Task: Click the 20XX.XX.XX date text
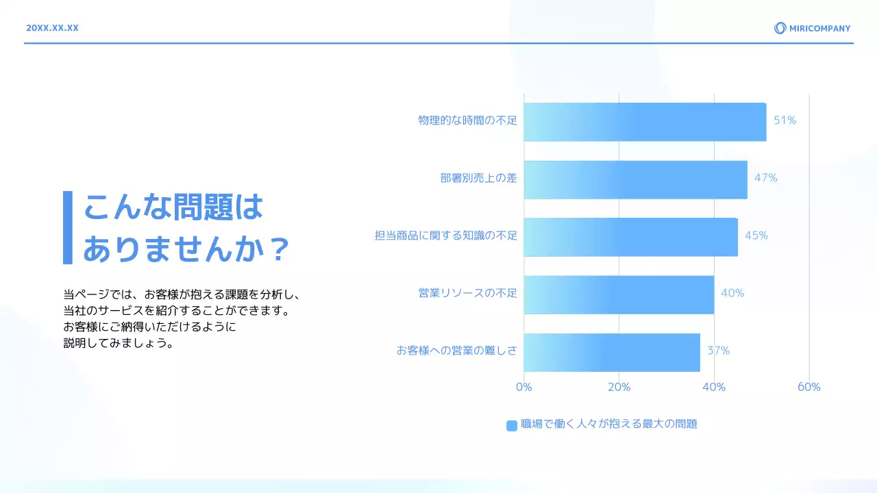pos(52,28)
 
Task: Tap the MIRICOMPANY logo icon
pos(780,28)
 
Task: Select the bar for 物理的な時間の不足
pos(645,122)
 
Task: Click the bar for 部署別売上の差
pos(635,180)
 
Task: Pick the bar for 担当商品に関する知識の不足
pos(630,237)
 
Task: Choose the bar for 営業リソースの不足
pos(619,294)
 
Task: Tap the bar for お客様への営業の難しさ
pos(612,352)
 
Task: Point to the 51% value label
pos(785,121)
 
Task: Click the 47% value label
pos(765,178)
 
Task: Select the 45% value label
pos(756,236)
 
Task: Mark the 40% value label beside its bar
pos(732,293)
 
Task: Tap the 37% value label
pos(718,351)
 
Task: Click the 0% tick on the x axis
pos(523,387)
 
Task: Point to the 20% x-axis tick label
pos(619,387)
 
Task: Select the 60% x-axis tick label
pos(808,387)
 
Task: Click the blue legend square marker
pos(512,425)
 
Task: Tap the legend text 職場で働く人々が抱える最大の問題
pos(608,424)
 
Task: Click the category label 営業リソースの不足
pos(467,293)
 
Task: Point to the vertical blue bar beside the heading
pos(67,227)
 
